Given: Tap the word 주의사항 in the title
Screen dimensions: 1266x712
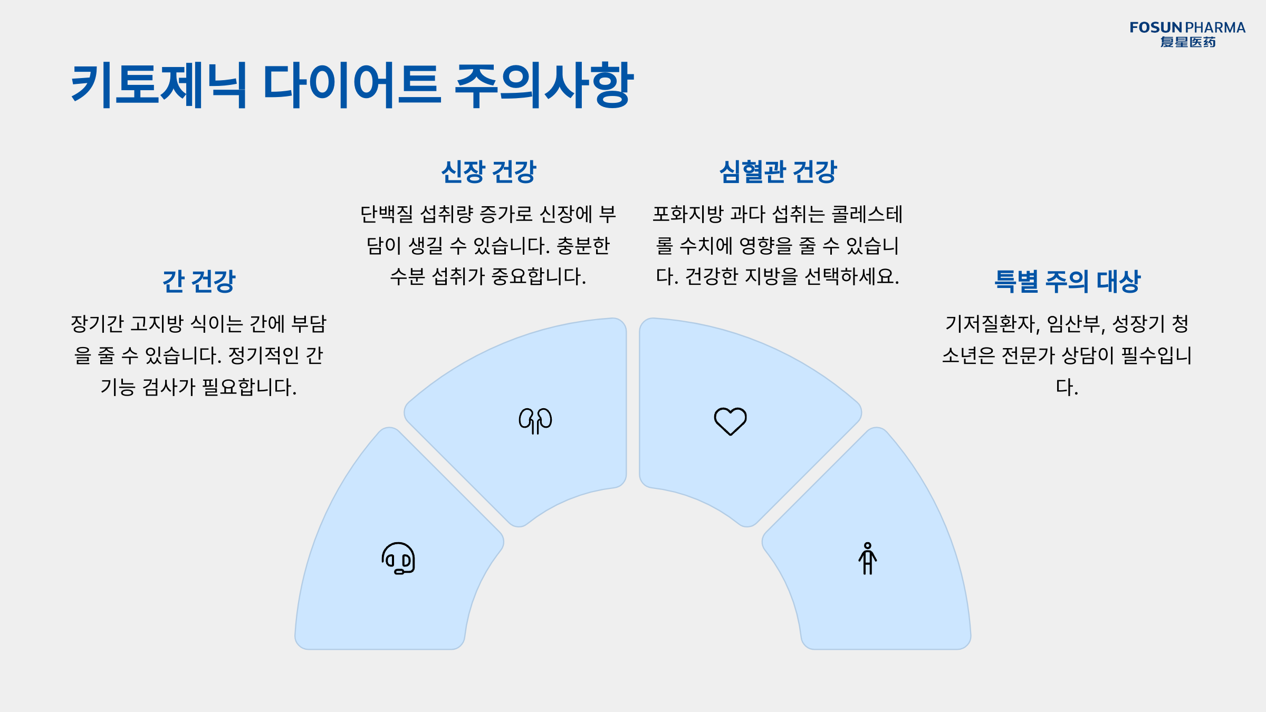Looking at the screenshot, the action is (543, 84).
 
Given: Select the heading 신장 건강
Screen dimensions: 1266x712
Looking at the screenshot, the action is (488, 172).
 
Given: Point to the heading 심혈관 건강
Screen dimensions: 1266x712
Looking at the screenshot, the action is (778, 172).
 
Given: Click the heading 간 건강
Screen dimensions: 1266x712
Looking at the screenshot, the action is (199, 281).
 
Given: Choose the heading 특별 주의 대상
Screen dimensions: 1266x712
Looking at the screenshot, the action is (1067, 281).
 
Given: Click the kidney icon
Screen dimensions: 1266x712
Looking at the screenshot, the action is (535, 421).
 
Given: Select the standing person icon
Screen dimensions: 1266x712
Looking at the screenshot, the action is (868, 559).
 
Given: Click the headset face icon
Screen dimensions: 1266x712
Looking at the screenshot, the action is (398, 558).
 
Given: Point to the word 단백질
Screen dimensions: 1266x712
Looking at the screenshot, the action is (387, 215).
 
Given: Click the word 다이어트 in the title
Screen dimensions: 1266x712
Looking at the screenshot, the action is (351, 84).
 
